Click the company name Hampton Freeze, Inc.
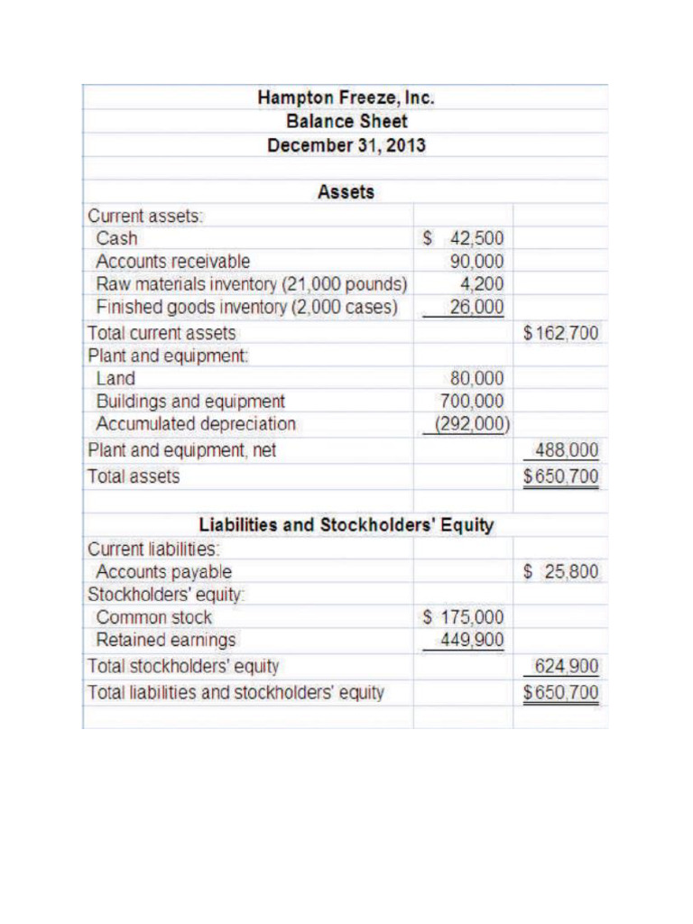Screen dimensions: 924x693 346,97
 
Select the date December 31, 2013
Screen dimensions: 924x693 346,144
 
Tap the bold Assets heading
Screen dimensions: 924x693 346,192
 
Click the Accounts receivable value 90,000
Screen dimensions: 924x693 477,262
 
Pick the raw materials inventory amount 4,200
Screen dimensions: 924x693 484,284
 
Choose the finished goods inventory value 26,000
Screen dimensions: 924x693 477,307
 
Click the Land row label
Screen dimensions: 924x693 115,379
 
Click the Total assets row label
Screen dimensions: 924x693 134,476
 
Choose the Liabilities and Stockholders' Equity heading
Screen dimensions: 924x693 346,525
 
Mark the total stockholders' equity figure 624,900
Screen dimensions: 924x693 567,668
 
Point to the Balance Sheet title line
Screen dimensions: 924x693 346,121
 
